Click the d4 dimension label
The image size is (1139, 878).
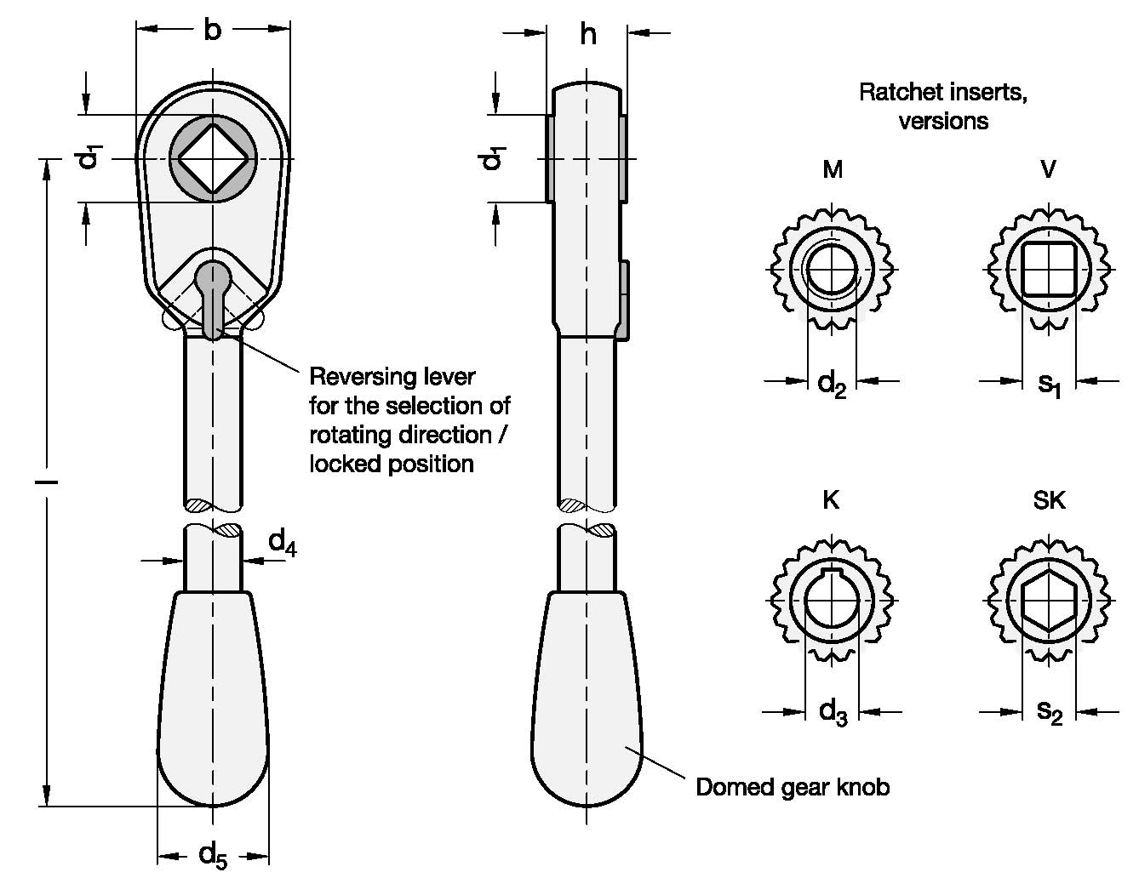[x=282, y=543]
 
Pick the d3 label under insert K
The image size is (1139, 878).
[x=833, y=714]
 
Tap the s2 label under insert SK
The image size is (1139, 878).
[x=1050, y=714]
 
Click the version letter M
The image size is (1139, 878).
[x=833, y=169]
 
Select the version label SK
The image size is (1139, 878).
[x=1050, y=500]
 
